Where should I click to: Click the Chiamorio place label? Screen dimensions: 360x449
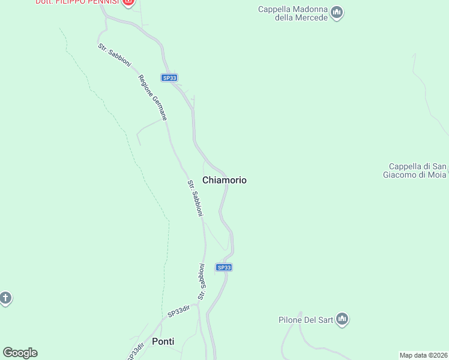pos(224,180)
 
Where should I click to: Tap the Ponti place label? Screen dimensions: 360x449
pos(163,341)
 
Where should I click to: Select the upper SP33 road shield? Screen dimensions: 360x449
pos(169,77)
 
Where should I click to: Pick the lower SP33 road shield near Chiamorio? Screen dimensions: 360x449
pos(223,268)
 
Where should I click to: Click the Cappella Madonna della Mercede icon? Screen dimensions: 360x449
pos(337,12)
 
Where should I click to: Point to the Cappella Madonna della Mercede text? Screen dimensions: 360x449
pos(293,13)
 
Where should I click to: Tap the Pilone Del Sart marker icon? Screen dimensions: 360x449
pos(342,319)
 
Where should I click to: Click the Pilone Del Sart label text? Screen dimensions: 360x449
pos(306,320)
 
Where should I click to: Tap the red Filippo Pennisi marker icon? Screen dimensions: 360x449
pos(128,2)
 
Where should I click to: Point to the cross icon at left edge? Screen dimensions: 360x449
pos(5,298)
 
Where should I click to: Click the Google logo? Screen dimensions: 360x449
pos(20,353)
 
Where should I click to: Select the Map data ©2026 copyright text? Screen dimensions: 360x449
pos(423,355)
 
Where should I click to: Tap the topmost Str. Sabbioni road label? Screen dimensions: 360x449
pos(115,55)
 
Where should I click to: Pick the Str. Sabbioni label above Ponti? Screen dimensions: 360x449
pos(202,281)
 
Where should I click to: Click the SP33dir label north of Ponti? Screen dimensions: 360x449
pos(179,311)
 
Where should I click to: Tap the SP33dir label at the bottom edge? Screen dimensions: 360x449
pos(136,352)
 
